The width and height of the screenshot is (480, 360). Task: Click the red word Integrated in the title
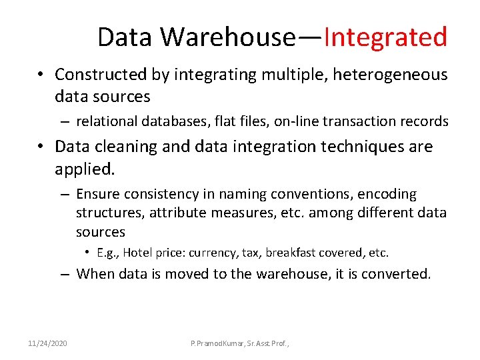385,37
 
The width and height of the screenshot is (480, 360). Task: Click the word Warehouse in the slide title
227,37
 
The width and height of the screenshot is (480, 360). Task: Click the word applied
85,169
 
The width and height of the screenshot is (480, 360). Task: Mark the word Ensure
97,194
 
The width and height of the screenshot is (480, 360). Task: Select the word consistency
159,194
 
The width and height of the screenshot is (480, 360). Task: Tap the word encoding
387,194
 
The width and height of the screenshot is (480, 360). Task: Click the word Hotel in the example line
137,253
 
